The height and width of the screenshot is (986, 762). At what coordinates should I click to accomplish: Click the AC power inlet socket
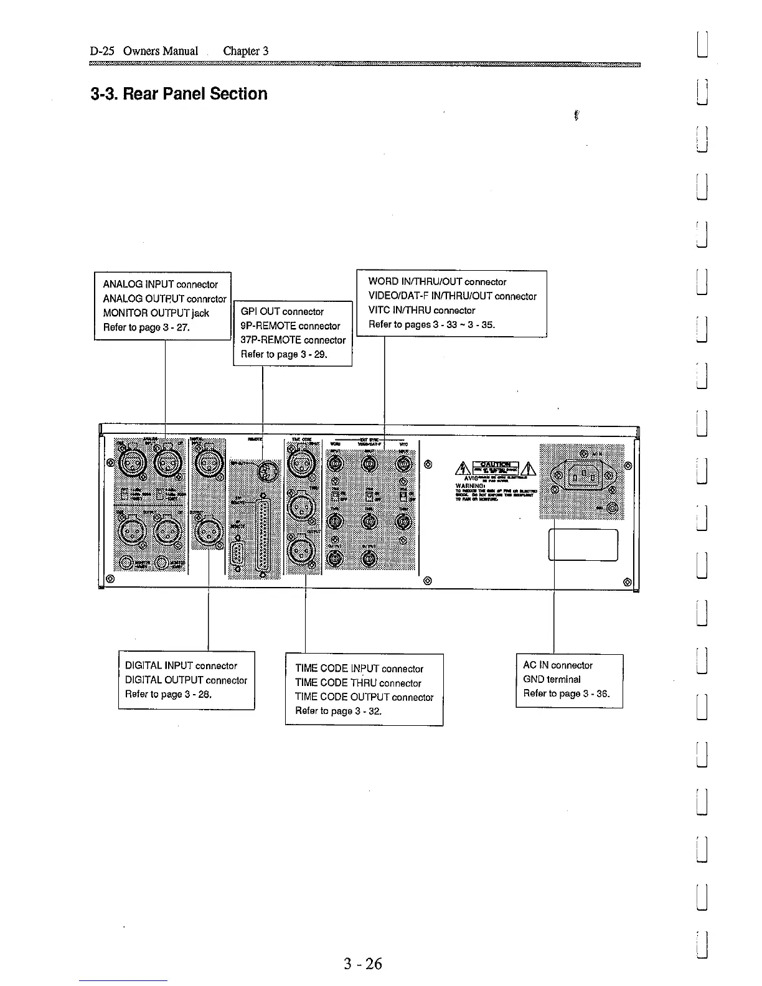click(x=583, y=479)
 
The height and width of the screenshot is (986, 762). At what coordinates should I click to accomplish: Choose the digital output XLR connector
click(x=207, y=532)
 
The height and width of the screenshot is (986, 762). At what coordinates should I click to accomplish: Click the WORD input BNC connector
click(x=334, y=464)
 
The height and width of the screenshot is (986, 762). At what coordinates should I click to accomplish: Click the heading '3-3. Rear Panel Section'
click(x=179, y=94)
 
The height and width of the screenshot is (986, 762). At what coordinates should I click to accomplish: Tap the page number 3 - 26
click(x=363, y=964)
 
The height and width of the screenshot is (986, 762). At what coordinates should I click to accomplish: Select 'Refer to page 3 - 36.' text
click(x=566, y=693)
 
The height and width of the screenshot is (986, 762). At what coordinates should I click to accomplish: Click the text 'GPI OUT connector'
click(x=282, y=312)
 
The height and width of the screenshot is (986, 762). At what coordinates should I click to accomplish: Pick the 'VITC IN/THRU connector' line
click(x=421, y=310)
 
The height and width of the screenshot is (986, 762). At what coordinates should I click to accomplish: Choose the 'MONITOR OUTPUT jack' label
click(x=156, y=313)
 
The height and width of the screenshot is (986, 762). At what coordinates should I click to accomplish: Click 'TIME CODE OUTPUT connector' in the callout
click(x=364, y=697)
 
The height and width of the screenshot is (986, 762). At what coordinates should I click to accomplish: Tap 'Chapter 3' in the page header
click(x=245, y=51)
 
